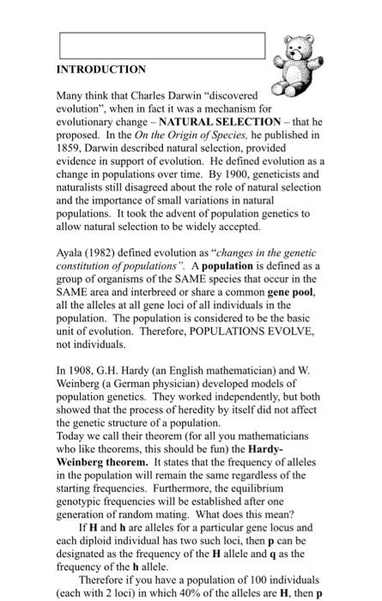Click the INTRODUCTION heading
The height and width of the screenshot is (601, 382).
pyautogui.click(x=101, y=69)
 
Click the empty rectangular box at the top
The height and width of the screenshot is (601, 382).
pyautogui.click(x=162, y=46)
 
